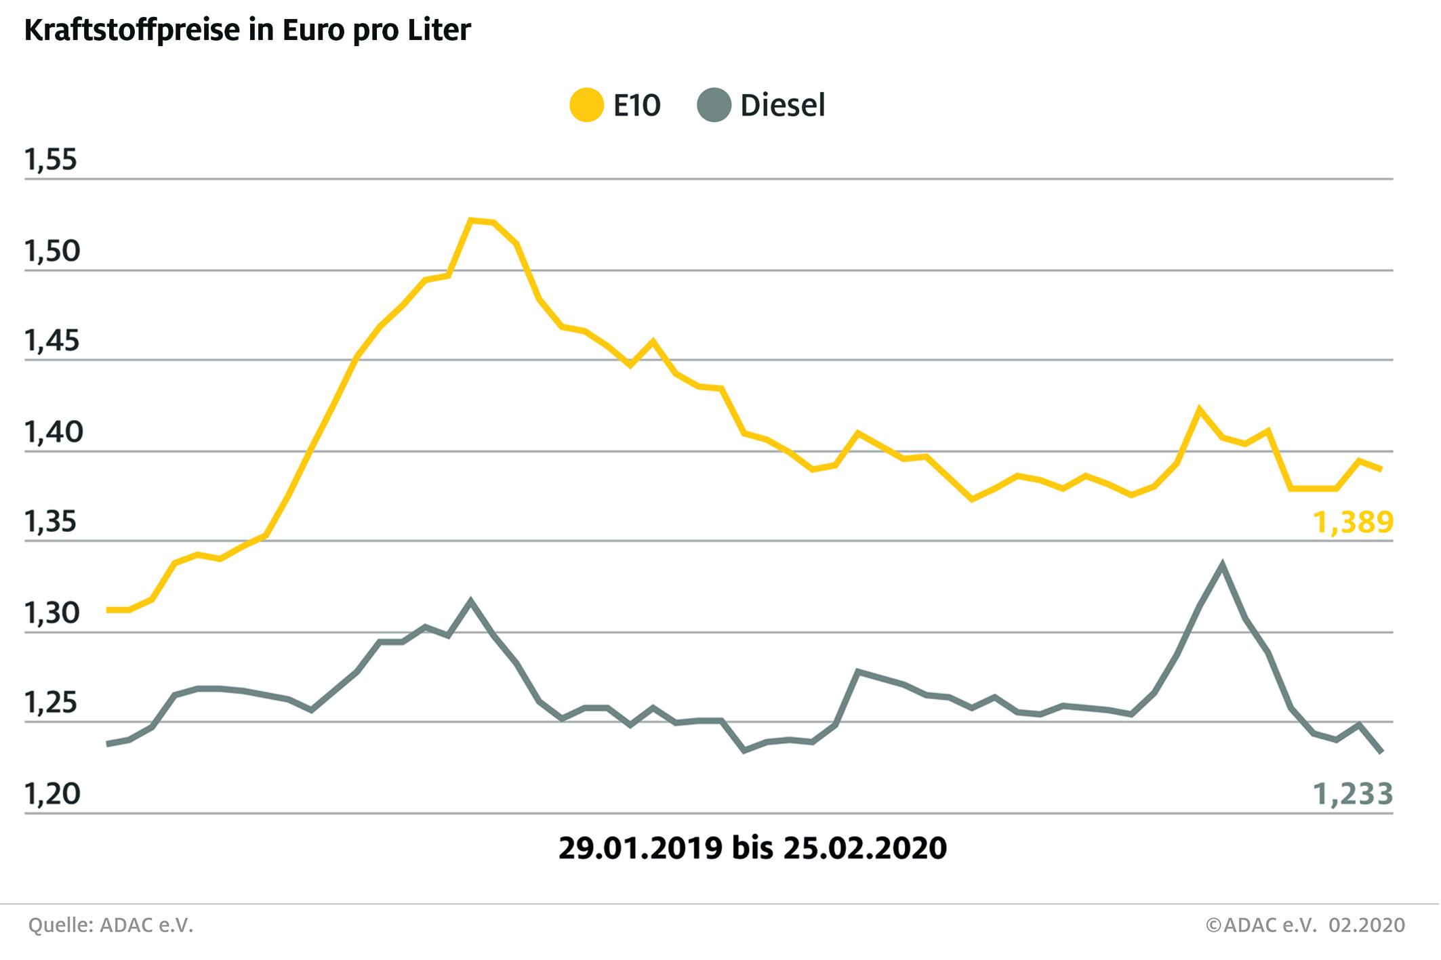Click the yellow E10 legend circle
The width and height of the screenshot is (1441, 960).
586,106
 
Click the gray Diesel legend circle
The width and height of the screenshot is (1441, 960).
714,106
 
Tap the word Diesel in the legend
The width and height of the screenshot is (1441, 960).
783,106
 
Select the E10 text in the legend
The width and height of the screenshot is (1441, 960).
636,106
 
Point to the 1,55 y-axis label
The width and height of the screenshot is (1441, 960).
52,161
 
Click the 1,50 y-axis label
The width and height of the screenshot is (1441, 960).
52,251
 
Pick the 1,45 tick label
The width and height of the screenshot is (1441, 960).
52,341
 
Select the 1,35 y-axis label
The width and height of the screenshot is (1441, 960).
52,522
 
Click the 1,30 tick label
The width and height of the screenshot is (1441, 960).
52,613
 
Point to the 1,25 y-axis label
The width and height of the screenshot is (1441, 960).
52,704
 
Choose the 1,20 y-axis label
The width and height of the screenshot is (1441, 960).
52,794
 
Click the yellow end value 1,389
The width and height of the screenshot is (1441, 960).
1353,522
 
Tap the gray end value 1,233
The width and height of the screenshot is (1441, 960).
1353,794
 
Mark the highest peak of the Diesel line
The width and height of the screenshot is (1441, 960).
1222,564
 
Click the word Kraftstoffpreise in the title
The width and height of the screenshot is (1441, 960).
133,31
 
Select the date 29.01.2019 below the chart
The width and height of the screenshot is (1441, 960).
641,848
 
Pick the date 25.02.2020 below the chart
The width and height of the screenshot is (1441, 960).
865,848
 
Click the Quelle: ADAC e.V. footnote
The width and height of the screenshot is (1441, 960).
111,925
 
